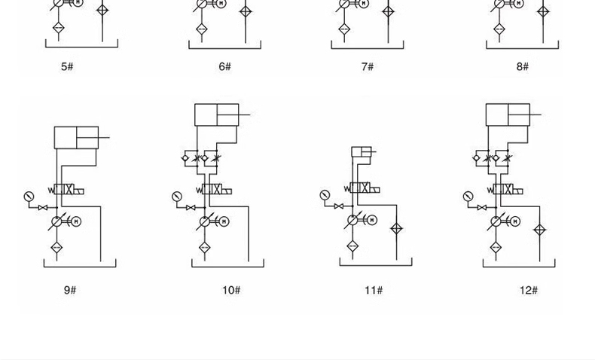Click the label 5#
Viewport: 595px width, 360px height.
pos(67,67)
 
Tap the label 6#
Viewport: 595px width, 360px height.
pos(224,67)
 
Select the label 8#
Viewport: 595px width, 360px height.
pos(523,67)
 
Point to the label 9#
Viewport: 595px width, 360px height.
pos(70,290)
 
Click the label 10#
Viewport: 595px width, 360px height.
pos(231,290)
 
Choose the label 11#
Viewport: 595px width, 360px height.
pos(374,290)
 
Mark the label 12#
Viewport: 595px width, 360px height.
pos(529,290)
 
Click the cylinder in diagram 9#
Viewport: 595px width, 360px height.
pos(76,138)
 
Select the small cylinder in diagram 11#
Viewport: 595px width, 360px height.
pos(362,152)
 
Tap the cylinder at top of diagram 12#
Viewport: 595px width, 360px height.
pos(508,114)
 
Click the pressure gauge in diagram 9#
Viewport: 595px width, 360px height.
pos(29,197)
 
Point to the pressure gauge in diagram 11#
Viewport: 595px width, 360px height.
pos(325,195)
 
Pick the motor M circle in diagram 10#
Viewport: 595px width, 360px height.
pos(224,222)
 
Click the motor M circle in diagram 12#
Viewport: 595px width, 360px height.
pos(515,222)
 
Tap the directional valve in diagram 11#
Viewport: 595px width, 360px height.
pos(362,188)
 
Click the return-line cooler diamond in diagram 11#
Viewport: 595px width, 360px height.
pos(396,229)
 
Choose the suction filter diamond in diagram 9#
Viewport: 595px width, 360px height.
pos(56,248)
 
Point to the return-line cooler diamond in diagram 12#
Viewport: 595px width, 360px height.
pos(539,230)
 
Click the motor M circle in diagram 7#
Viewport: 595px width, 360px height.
pos(365,4)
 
